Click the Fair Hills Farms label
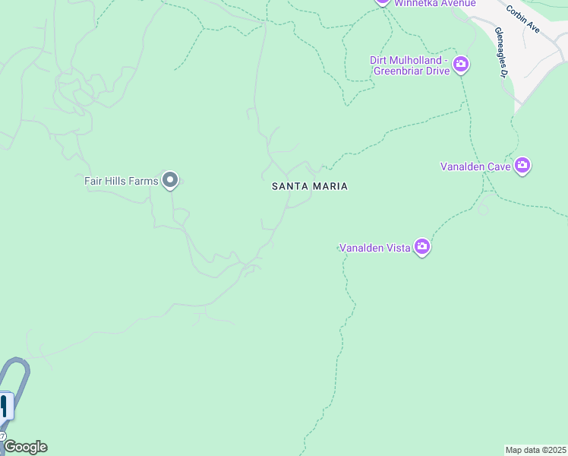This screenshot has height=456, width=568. (x=121, y=181)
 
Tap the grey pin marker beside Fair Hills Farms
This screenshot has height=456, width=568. (x=170, y=180)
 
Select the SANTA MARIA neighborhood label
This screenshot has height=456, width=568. (x=310, y=186)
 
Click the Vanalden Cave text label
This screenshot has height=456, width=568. (x=475, y=166)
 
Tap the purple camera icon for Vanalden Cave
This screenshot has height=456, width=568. (x=522, y=165)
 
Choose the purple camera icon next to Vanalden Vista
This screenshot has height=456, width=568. (x=422, y=247)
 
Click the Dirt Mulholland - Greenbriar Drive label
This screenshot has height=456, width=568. (x=410, y=65)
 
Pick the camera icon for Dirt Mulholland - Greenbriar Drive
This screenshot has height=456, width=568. (x=460, y=65)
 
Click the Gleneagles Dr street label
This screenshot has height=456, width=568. (x=500, y=52)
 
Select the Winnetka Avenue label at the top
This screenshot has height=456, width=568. (x=434, y=4)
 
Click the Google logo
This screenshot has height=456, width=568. (x=25, y=447)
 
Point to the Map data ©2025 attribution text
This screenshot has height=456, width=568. (x=536, y=450)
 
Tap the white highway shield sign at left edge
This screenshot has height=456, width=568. (x=4, y=406)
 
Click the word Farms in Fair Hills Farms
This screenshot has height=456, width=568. (x=144, y=181)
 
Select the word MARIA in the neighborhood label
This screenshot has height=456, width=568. (x=330, y=186)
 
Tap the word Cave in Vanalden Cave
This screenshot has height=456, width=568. (x=498, y=166)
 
